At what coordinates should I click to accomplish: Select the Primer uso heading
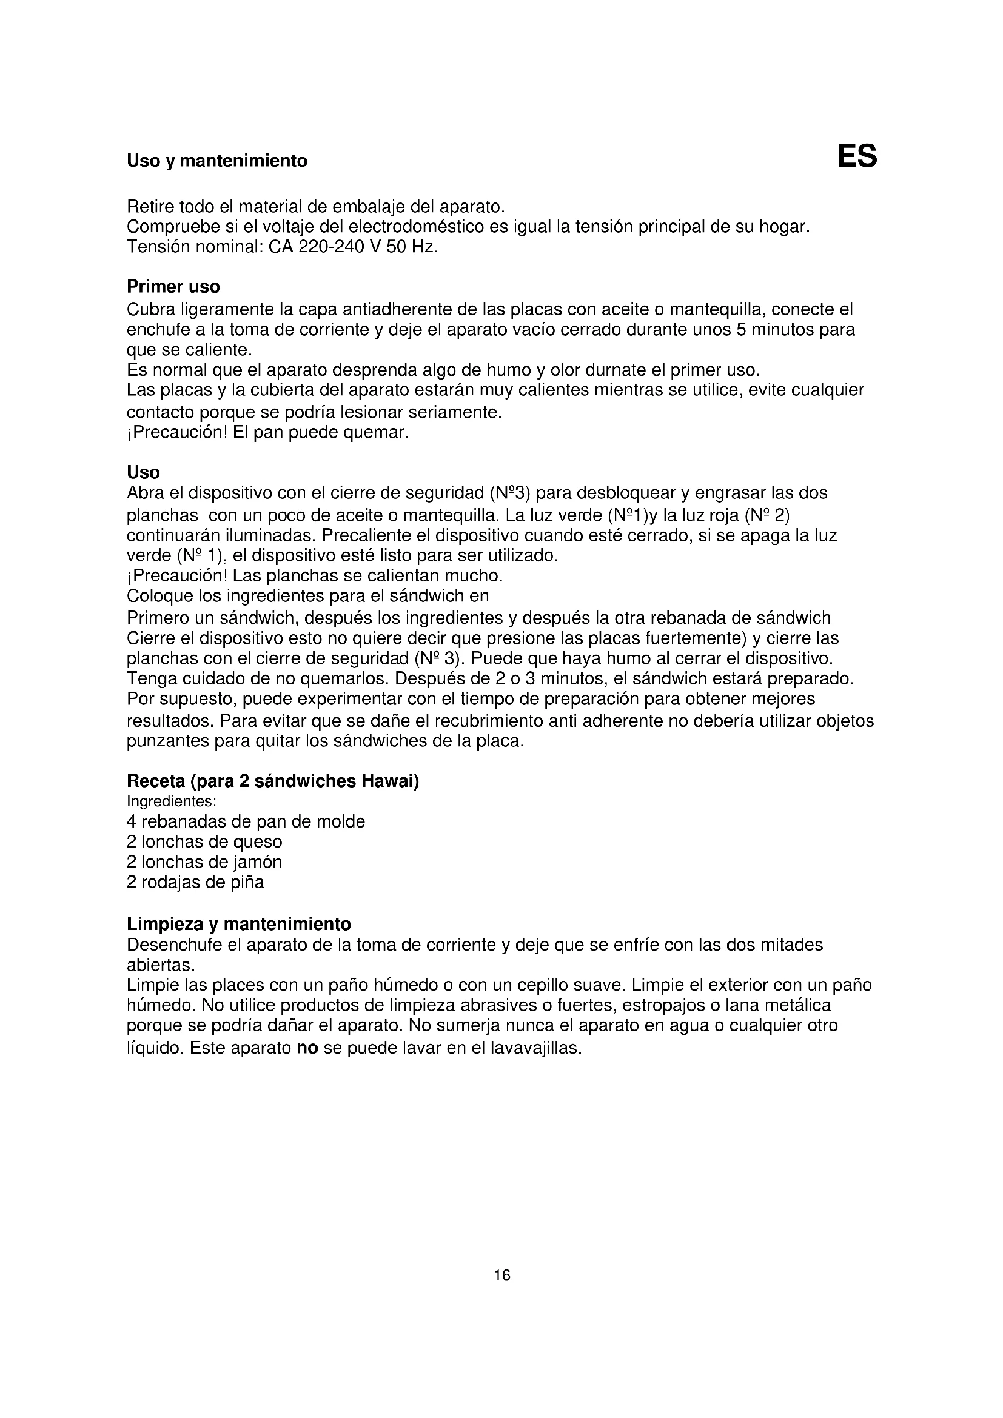pyautogui.click(x=173, y=287)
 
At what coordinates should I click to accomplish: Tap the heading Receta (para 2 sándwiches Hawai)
pyautogui.click(x=272, y=781)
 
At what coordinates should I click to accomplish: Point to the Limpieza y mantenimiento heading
pyautogui.click(x=238, y=924)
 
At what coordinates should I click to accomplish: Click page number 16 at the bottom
pyautogui.click(x=502, y=1275)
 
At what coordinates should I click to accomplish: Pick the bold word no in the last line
pyautogui.click(x=307, y=1048)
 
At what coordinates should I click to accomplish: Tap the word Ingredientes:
pyautogui.click(x=171, y=801)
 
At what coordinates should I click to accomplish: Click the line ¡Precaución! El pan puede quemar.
pyautogui.click(x=268, y=432)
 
